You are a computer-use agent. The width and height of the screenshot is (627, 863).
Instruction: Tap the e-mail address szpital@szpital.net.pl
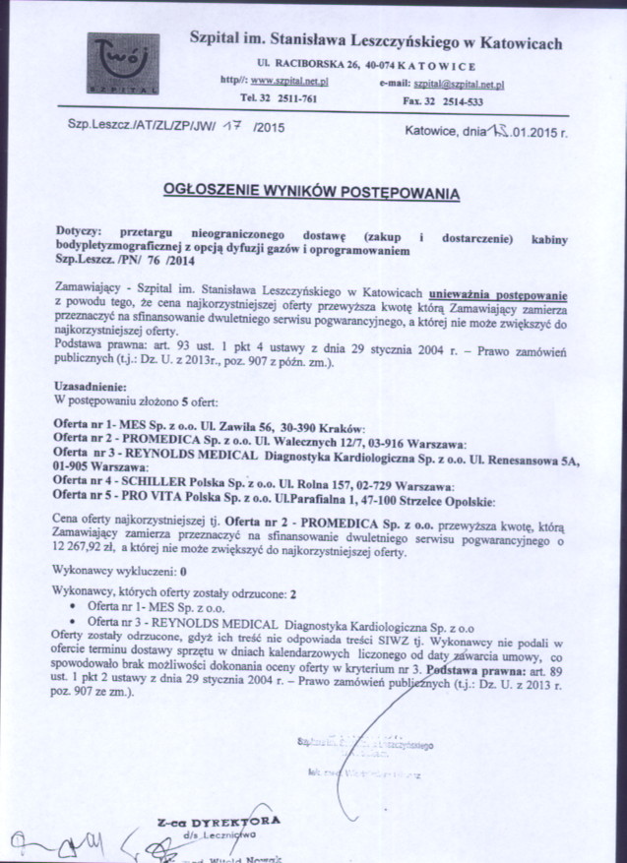(x=459, y=85)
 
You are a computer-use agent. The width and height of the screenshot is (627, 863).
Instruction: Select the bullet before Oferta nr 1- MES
(x=77, y=609)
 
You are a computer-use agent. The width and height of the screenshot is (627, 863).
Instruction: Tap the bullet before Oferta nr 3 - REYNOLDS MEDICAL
(x=77, y=623)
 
